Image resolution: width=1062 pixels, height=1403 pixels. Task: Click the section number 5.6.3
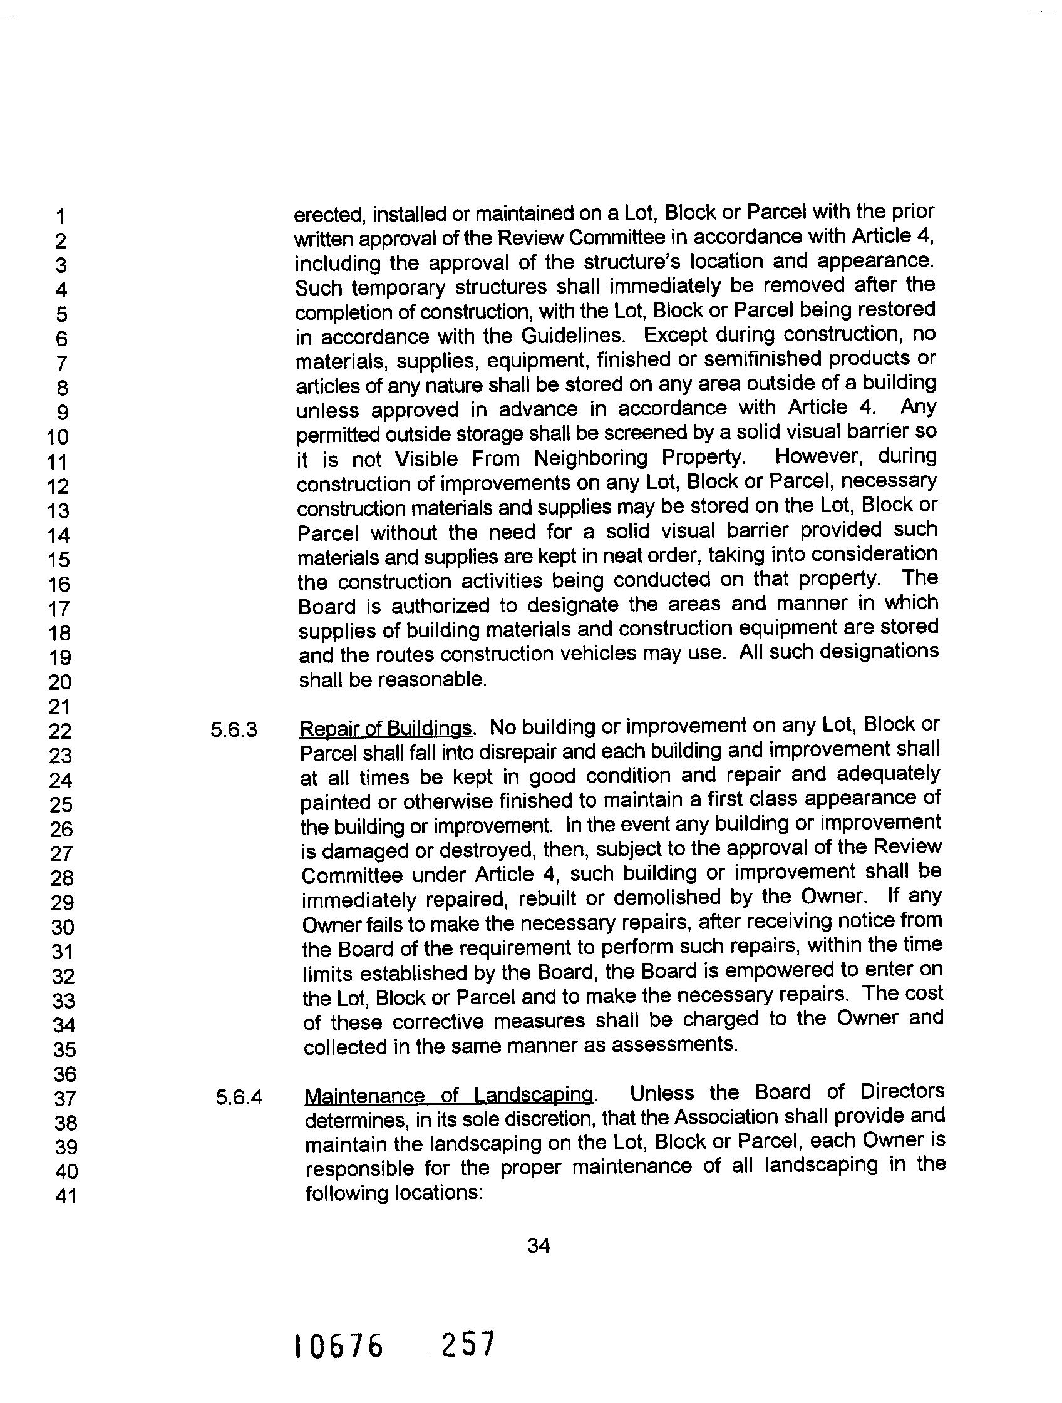(x=234, y=731)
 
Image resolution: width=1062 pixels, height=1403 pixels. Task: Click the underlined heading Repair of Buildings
(x=386, y=729)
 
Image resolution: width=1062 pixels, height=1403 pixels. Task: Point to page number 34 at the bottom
(x=538, y=1246)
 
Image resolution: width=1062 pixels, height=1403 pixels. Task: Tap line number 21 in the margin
(x=60, y=707)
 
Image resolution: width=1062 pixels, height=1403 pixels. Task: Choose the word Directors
(x=902, y=1092)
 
